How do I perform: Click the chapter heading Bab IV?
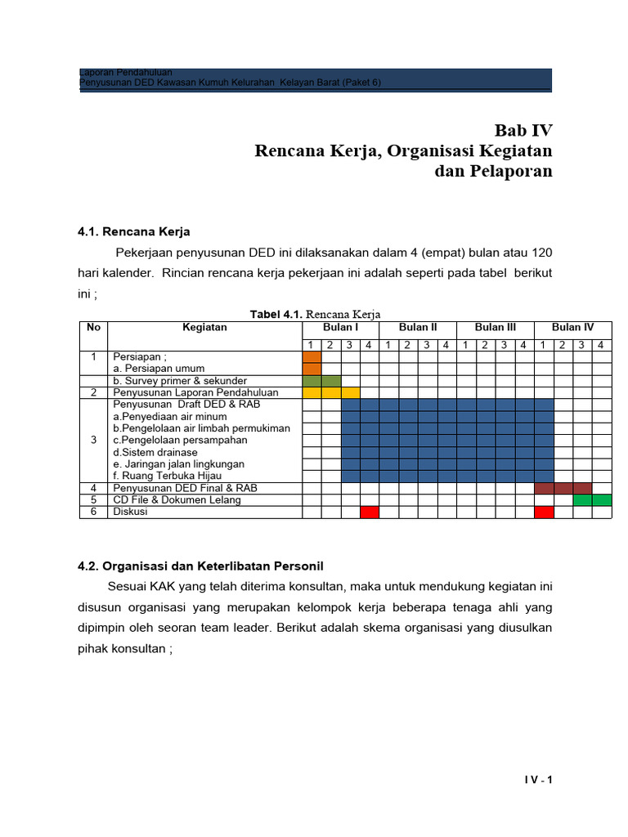tap(523, 130)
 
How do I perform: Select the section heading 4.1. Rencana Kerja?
tap(133, 231)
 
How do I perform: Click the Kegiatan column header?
tap(204, 327)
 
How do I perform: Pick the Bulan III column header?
tap(496, 327)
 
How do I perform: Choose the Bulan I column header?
tap(340, 327)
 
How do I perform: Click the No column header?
tap(93, 327)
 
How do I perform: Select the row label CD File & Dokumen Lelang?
tap(177, 499)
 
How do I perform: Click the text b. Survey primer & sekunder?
tap(180, 381)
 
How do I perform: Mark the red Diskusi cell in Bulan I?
tap(370, 512)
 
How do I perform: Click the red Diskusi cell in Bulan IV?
tap(544, 512)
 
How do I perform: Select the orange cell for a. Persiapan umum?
tap(312, 369)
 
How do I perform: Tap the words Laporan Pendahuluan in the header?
tap(125, 73)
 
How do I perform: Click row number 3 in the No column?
tap(93, 440)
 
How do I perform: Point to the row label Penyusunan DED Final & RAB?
tap(185, 488)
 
